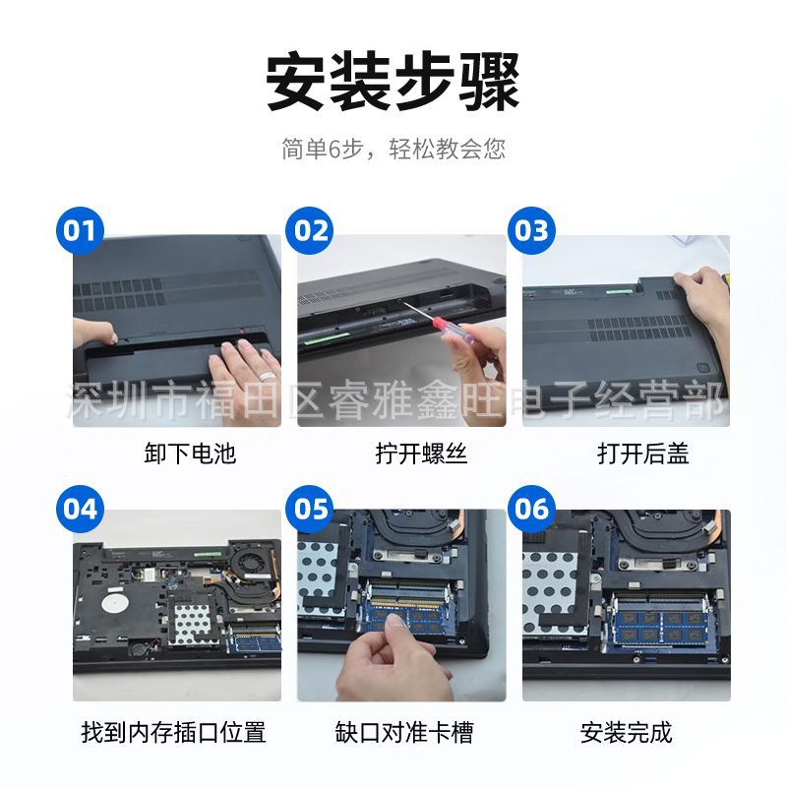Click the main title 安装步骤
(x=393, y=83)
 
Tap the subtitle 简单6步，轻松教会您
(x=393, y=149)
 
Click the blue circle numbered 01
(x=80, y=230)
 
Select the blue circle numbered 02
(x=309, y=230)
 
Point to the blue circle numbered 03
(x=531, y=230)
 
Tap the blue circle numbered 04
(x=80, y=509)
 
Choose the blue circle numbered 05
(x=309, y=509)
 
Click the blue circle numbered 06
(x=531, y=509)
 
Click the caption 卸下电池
(x=190, y=454)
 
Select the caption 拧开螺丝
(x=422, y=454)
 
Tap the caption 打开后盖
(x=643, y=454)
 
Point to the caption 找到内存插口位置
(x=173, y=732)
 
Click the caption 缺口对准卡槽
(x=404, y=732)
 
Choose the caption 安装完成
(x=626, y=732)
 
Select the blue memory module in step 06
(x=660, y=626)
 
